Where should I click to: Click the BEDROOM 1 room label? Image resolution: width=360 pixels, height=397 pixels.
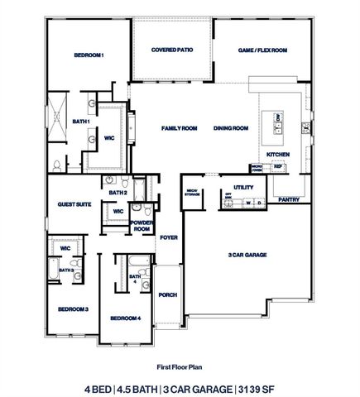click(89, 55)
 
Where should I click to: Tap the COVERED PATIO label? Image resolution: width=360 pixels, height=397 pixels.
click(172, 50)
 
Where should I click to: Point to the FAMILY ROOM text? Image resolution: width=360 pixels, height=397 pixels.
click(179, 128)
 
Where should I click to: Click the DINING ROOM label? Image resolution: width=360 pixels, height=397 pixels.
click(231, 128)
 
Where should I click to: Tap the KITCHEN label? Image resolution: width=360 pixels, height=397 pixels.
click(277, 155)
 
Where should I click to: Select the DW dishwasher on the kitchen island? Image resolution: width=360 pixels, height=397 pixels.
click(279, 118)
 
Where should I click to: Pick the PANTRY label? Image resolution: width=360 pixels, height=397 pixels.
click(289, 199)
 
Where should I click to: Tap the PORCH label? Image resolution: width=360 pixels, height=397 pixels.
click(168, 294)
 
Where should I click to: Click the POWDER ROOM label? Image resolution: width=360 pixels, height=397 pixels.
click(142, 226)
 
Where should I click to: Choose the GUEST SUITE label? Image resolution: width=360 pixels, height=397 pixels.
click(74, 204)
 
